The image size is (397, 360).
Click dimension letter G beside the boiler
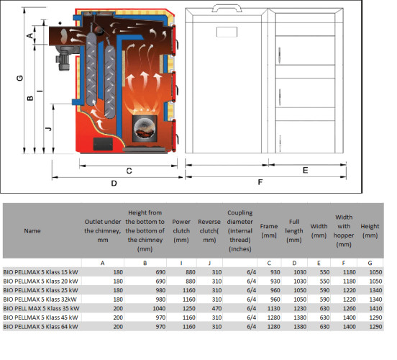[x=19, y=78]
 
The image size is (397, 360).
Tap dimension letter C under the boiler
[x=129, y=171]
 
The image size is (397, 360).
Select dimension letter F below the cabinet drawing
[x=260, y=182]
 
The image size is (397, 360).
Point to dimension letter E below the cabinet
[x=306, y=170]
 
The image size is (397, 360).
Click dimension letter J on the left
[x=49, y=129]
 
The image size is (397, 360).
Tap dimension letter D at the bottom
[x=114, y=183]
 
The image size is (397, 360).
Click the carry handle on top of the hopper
[x=227, y=8]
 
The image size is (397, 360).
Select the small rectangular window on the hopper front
[x=227, y=32]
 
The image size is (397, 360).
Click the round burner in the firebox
[x=145, y=128]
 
